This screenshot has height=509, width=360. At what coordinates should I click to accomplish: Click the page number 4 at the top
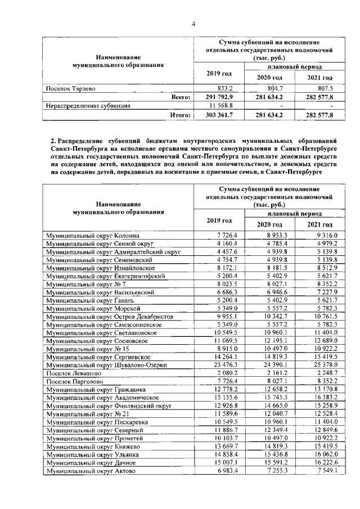[x=193, y=24]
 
